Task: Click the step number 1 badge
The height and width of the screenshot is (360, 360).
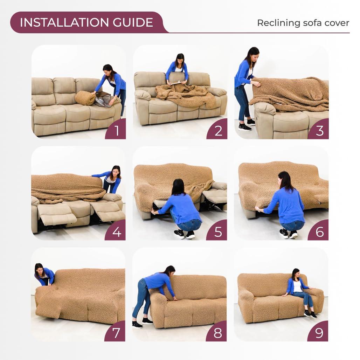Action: point(117,131)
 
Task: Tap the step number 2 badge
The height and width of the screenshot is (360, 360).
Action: point(218,131)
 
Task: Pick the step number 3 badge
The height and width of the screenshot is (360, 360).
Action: point(319,131)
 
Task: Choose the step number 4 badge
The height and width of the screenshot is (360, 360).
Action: point(117,232)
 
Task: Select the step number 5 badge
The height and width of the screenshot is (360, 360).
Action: point(218,232)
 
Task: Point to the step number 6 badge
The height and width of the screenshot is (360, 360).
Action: point(319,232)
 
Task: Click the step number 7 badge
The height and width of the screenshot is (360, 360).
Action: point(117,333)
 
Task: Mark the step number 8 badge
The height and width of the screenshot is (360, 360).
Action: point(218,333)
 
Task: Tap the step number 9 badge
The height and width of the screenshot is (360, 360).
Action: point(319,333)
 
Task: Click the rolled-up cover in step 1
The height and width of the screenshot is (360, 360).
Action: point(85,98)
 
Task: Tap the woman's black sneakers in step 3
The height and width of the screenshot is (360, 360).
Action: point(247,125)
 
